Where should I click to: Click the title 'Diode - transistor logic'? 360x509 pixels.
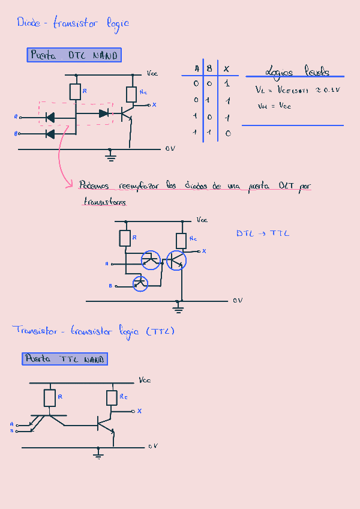click(73, 23)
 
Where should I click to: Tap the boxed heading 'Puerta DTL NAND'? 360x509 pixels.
click(75, 56)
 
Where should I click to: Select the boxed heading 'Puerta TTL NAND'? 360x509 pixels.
click(65, 359)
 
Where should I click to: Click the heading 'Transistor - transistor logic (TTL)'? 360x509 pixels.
click(93, 331)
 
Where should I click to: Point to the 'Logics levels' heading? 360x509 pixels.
click(297, 72)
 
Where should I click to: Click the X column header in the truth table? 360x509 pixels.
click(226, 69)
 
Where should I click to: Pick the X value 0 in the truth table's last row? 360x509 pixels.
click(227, 133)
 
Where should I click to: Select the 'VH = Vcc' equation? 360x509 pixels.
click(274, 106)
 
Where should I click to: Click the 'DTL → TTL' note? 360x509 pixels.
click(262, 233)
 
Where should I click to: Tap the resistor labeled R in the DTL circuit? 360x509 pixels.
click(76, 92)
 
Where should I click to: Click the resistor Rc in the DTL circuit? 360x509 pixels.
click(132, 94)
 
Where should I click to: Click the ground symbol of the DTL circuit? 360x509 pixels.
click(110, 158)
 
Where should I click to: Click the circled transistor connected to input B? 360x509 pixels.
click(140, 283)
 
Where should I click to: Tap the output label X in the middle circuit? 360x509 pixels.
click(203, 251)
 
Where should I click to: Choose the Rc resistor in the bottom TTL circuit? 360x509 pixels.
click(112, 397)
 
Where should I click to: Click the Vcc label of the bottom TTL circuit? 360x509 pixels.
click(145, 381)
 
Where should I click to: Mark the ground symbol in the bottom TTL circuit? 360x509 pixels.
click(98, 455)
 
